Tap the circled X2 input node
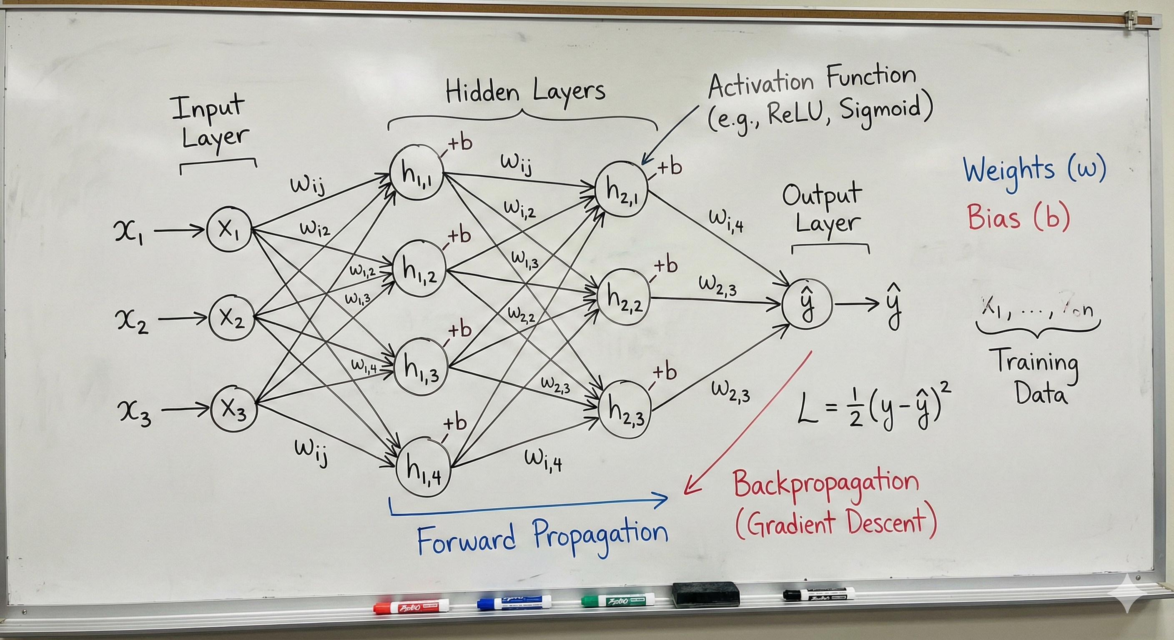coord(231,317)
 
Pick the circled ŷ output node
coord(807,302)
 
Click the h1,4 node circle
coord(424,468)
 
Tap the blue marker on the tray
coord(514,603)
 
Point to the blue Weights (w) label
coord(1034,170)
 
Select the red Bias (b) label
coord(1018,217)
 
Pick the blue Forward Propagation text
coord(542,538)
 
